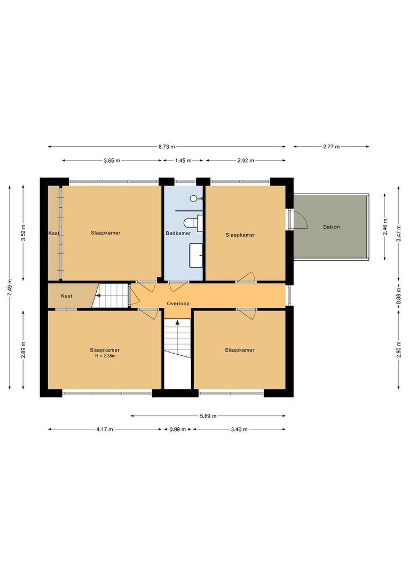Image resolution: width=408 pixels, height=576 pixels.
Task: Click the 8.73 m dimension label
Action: pos(167,146)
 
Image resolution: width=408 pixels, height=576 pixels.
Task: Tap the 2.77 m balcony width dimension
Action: pos(331,146)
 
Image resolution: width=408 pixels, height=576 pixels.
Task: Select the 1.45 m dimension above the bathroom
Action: pos(183,160)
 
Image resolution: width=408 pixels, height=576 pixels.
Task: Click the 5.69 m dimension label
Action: pos(208,416)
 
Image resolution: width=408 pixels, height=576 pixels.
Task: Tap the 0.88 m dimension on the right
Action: pos(398,295)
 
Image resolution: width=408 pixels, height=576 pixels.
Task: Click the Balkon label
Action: pos(331,227)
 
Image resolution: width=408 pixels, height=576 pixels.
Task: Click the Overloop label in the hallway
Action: pos(178,303)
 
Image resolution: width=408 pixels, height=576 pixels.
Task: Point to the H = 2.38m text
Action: pos(105,356)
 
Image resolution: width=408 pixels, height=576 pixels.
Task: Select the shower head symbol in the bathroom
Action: pos(194,198)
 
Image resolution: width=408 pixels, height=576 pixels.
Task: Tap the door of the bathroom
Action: pos(177,286)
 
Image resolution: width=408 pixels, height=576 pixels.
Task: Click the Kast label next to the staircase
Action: pos(67,295)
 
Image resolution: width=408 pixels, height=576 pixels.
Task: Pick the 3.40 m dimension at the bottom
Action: pos(239,429)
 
